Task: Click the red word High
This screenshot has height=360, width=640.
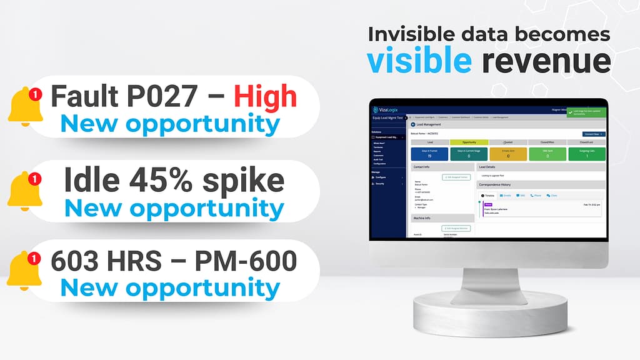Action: tap(265, 96)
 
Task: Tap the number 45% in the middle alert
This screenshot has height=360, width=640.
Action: tap(164, 181)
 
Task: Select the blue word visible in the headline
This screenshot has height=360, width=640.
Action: tap(419, 61)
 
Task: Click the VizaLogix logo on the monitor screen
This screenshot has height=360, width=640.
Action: tap(386, 109)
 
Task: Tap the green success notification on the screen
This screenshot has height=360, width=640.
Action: tap(586, 112)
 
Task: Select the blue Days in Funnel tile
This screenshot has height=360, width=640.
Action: tap(429, 153)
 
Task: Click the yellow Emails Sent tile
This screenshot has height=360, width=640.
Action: tap(507, 153)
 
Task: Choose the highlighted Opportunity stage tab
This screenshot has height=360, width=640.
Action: tap(468, 142)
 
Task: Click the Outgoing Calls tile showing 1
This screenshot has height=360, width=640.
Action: tap(586, 153)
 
